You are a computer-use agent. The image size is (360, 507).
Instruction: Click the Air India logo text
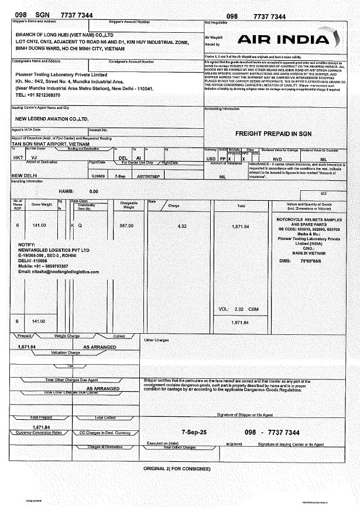tap(284, 39)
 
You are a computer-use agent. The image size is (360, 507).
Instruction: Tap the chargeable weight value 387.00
tap(128, 225)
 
